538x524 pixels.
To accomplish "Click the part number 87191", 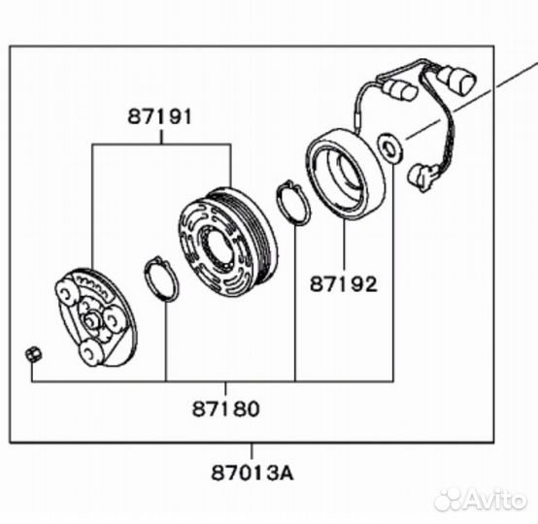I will pyautogui.click(x=160, y=116).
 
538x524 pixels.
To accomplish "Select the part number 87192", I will pyautogui.click(x=343, y=284).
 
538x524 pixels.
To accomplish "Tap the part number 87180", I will pyautogui.click(x=225, y=409).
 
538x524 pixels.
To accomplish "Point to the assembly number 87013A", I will pyautogui.click(x=252, y=474).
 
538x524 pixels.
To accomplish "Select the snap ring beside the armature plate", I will pyautogui.click(x=160, y=278).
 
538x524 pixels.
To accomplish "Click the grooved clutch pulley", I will pyautogui.click(x=227, y=239).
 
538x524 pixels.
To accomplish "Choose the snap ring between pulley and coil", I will pyautogui.click(x=292, y=203).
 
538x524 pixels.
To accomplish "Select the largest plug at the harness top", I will pyautogui.click(x=455, y=79).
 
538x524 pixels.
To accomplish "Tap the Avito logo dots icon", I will pyautogui.click(x=450, y=499).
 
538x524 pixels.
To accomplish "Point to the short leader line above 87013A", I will pyautogui.click(x=252, y=451).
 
